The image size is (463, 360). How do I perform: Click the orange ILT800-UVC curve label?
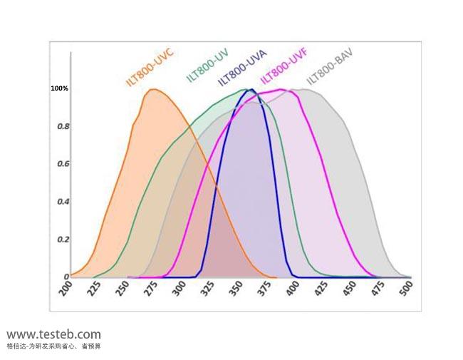[150, 68]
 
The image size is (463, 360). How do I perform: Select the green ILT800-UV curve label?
[207, 65]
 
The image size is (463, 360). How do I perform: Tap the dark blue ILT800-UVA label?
[242, 65]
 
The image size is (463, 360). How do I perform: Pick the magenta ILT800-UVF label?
[283, 65]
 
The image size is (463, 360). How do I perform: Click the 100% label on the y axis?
[59, 88]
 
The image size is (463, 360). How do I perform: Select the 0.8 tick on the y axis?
[63, 127]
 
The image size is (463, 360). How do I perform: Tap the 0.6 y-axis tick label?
[63, 164]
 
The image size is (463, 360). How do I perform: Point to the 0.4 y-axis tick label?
[63, 202]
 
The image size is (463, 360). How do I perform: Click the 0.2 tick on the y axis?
[63, 240]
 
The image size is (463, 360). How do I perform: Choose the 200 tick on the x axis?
[67, 289]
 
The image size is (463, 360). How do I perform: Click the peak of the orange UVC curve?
[152, 89]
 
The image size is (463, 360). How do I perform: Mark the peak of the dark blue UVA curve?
[251, 90]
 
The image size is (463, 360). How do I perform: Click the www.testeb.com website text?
[53, 334]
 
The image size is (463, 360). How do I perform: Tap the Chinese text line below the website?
[53, 346]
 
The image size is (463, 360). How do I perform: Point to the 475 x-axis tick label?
[378, 289]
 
